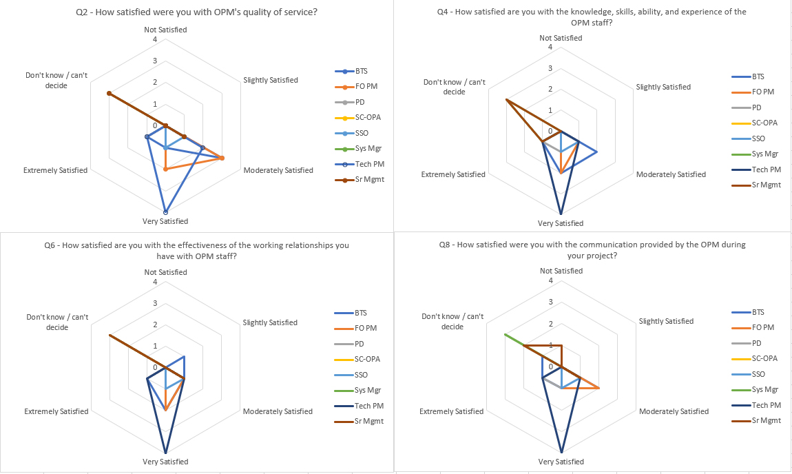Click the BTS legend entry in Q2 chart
(x=362, y=71)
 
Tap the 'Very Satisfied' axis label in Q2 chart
(x=165, y=221)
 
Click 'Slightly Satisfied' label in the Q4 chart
(x=663, y=87)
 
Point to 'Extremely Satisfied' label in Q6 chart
(x=56, y=411)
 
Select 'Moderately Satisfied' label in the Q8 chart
(x=674, y=411)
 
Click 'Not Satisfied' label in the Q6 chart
(x=165, y=272)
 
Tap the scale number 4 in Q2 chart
(x=155, y=39)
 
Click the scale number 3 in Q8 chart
(x=550, y=302)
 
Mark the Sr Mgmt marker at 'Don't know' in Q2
(x=109, y=93)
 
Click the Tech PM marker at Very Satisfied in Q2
(x=165, y=211)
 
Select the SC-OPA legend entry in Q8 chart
(x=764, y=358)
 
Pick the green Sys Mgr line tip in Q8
(x=505, y=334)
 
